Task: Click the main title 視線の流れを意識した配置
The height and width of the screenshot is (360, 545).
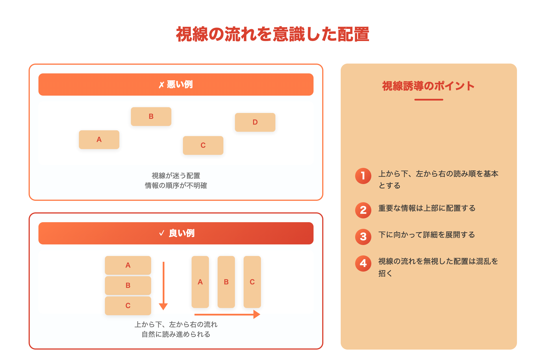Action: [272, 34]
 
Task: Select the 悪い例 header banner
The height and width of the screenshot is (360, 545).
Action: [176, 84]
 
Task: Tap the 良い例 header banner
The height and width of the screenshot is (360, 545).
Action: [176, 233]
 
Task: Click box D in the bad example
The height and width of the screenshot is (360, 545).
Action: [255, 122]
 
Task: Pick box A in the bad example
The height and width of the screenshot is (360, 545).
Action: [99, 140]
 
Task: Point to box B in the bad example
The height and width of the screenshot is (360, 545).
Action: [151, 116]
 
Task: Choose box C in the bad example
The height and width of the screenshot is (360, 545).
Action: [203, 145]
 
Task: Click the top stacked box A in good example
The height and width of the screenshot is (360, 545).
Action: [128, 265]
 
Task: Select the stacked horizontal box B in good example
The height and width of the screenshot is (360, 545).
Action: [128, 285]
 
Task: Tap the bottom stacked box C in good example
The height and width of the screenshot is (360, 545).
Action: [128, 306]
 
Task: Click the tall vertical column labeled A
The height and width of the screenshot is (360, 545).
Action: [200, 282]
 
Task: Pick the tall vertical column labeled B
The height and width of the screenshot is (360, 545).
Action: [226, 282]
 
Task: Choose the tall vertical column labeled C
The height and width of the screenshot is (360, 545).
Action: [252, 282]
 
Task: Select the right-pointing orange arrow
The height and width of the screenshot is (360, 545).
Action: [227, 314]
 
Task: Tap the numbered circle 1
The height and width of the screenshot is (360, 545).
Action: [363, 176]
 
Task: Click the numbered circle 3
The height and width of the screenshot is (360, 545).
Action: [363, 237]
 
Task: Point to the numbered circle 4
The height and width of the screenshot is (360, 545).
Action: [363, 263]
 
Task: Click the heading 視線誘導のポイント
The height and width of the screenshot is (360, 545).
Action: [429, 86]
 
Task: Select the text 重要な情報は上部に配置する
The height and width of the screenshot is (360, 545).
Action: [427, 208]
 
